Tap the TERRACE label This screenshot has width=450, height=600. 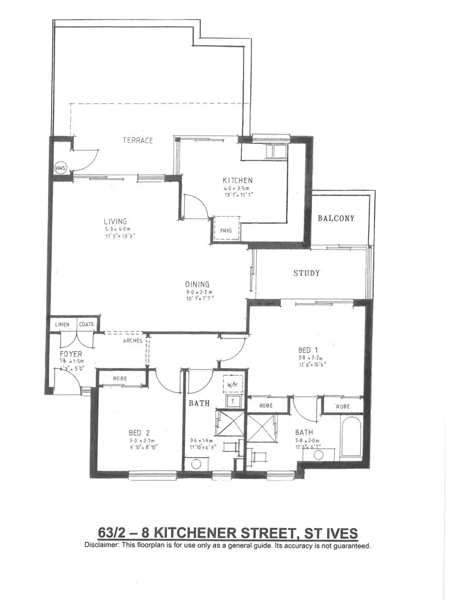138,140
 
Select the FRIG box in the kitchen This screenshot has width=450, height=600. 227,229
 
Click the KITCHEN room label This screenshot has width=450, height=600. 238,180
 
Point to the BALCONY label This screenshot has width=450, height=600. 336,218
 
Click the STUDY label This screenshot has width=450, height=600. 306,273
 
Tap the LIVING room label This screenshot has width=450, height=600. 115,221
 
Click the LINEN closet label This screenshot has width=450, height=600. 62,325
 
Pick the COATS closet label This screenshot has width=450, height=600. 86,325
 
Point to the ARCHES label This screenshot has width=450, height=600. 132,341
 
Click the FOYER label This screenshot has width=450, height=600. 70,354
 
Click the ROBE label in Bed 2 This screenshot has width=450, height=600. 120,379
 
